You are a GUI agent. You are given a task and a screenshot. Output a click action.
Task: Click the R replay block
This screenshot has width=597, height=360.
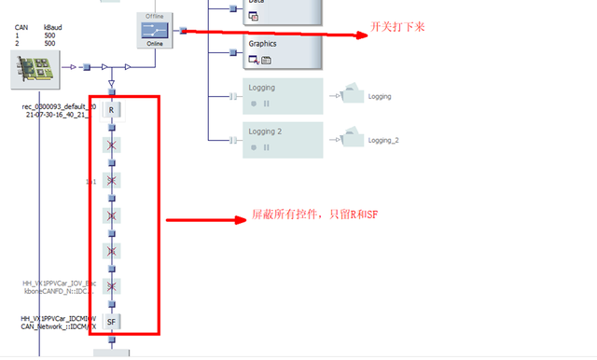(x=111, y=110)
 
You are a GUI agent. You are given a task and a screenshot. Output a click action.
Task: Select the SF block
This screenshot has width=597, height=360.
(x=111, y=322)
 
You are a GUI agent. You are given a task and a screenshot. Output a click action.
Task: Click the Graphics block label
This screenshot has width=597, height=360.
(x=262, y=44)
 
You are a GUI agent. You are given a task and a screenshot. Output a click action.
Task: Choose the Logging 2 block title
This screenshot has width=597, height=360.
(x=267, y=132)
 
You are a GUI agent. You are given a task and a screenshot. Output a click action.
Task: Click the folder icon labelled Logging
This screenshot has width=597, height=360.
(x=353, y=93)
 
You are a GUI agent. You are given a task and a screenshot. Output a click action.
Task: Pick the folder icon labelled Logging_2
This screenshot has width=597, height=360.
(x=353, y=137)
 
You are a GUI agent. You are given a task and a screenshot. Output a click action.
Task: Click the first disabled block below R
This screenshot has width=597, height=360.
(x=111, y=145)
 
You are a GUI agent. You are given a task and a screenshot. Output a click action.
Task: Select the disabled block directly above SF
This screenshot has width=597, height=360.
(x=111, y=286)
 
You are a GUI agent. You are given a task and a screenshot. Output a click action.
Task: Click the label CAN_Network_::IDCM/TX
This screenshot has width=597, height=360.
(x=58, y=326)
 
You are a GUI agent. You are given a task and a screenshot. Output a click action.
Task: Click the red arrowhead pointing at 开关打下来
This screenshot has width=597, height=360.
(x=363, y=35)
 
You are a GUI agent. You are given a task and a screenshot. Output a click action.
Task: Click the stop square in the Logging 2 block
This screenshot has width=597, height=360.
(x=253, y=146)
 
